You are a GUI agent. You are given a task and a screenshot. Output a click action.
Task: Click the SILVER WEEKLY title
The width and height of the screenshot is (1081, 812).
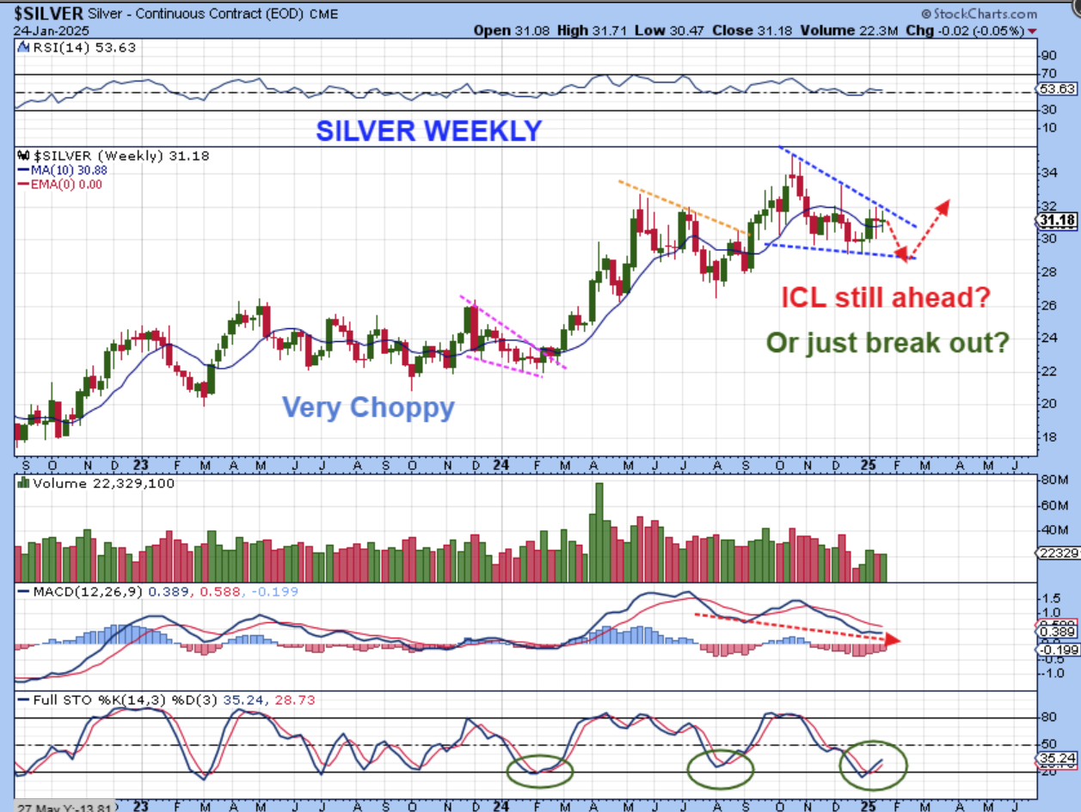pos(428,131)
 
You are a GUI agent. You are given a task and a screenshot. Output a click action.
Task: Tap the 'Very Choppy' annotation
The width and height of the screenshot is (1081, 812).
pos(368,406)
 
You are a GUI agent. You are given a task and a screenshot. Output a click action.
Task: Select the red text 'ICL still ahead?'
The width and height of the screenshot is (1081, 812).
pos(886,298)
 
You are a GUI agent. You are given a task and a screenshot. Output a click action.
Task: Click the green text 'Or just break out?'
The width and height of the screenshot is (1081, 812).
pos(888,343)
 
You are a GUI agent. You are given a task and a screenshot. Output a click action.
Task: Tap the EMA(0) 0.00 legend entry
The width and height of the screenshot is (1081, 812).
pos(63,184)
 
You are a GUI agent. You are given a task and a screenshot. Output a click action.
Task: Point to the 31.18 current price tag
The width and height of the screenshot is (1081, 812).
pos(1058,221)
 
